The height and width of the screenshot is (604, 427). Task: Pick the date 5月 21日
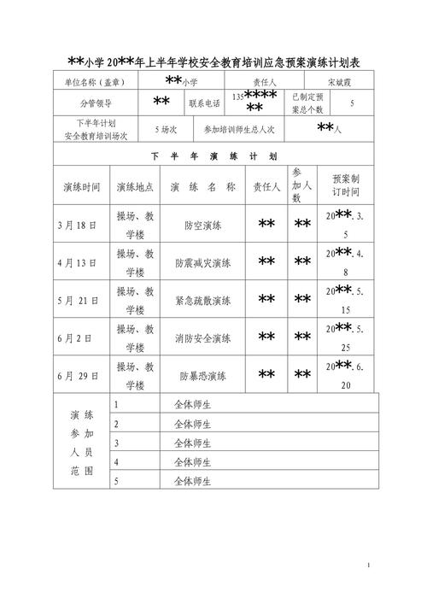click(79, 301)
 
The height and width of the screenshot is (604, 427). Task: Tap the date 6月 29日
click(79, 375)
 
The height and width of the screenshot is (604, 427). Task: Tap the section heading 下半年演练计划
click(213, 157)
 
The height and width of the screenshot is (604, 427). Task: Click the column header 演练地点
click(135, 187)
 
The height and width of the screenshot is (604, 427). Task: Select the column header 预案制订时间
click(345, 187)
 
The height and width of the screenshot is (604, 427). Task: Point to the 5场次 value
click(166, 130)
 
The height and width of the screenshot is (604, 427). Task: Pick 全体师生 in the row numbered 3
click(192, 443)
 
